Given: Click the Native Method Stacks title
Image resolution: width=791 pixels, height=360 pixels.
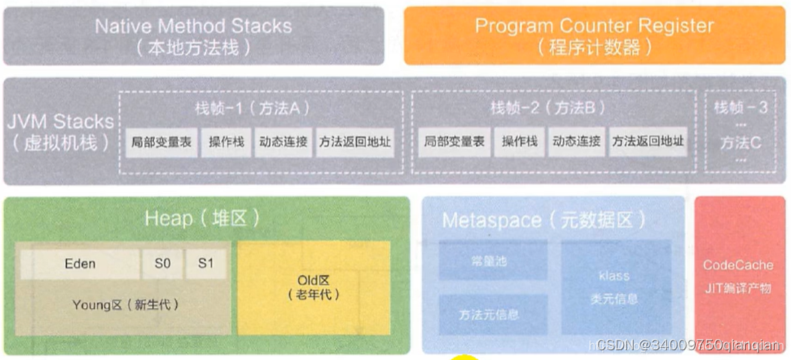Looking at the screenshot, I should click(x=193, y=26).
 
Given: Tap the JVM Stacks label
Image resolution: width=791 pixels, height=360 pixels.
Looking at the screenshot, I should click(x=60, y=121).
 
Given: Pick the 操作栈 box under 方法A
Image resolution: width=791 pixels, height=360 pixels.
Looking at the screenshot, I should click(x=225, y=141).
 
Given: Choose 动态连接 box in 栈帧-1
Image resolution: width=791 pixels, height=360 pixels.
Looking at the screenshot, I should click(x=283, y=141).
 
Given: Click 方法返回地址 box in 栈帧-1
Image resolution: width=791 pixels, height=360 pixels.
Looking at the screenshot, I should click(x=354, y=141).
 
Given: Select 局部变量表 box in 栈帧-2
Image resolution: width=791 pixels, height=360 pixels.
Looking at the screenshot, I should click(x=453, y=141).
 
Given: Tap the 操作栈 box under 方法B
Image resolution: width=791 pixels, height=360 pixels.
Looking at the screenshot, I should click(x=519, y=141).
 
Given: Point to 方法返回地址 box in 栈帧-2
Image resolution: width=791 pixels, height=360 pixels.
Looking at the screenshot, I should click(x=648, y=141).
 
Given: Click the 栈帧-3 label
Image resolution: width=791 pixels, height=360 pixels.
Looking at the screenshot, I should click(x=741, y=107).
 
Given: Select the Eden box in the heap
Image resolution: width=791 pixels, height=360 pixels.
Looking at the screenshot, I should click(x=80, y=264).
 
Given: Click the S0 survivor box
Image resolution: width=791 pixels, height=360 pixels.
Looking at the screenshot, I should click(x=162, y=264).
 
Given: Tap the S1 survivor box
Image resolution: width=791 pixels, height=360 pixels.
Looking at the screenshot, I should click(x=205, y=264).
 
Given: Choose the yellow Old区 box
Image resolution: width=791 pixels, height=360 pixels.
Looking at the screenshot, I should click(x=314, y=288).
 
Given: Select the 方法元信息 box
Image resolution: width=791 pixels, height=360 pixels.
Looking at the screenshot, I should click(x=488, y=315).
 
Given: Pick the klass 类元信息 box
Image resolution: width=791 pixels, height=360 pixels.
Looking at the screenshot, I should click(x=615, y=287).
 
